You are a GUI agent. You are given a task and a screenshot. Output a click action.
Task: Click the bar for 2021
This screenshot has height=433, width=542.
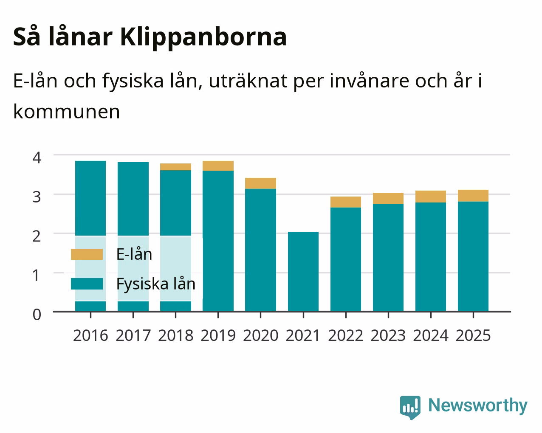click(303, 271)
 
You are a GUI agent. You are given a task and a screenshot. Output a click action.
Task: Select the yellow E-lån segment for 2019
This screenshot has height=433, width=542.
click(218, 166)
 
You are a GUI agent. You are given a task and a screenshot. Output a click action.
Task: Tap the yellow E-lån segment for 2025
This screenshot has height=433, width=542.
click(473, 196)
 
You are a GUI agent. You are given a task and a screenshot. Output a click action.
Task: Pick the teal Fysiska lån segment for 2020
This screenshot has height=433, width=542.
click(260, 250)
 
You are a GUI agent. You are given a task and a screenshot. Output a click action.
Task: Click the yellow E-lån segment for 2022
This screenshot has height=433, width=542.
click(346, 202)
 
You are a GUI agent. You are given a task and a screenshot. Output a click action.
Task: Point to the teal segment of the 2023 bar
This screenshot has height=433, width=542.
click(388, 257)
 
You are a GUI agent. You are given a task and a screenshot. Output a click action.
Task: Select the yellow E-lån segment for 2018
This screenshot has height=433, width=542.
click(175, 167)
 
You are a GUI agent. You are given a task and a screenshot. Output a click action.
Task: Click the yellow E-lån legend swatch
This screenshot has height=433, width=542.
click(87, 254)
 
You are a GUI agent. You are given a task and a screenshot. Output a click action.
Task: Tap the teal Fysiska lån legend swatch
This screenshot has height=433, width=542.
click(87, 284)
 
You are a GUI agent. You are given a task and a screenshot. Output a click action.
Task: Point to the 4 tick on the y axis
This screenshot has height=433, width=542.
click(37, 158)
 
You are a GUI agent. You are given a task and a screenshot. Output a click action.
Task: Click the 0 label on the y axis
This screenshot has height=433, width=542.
click(37, 315)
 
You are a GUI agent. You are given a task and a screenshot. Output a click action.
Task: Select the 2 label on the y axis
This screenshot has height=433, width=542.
click(37, 236)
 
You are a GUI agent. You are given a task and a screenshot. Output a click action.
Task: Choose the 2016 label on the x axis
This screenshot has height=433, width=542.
click(90, 335)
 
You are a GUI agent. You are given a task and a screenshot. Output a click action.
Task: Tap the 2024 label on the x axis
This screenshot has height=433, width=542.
click(431, 335)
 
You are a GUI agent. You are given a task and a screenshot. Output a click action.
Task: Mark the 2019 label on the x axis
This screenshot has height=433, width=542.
click(218, 335)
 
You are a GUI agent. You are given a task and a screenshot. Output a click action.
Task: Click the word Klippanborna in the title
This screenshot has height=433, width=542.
click(203, 37)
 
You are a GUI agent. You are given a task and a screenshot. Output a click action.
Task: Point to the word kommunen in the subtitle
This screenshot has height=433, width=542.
click(67, 112)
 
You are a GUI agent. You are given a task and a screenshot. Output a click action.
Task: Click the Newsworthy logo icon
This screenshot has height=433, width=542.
click(410, 408)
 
